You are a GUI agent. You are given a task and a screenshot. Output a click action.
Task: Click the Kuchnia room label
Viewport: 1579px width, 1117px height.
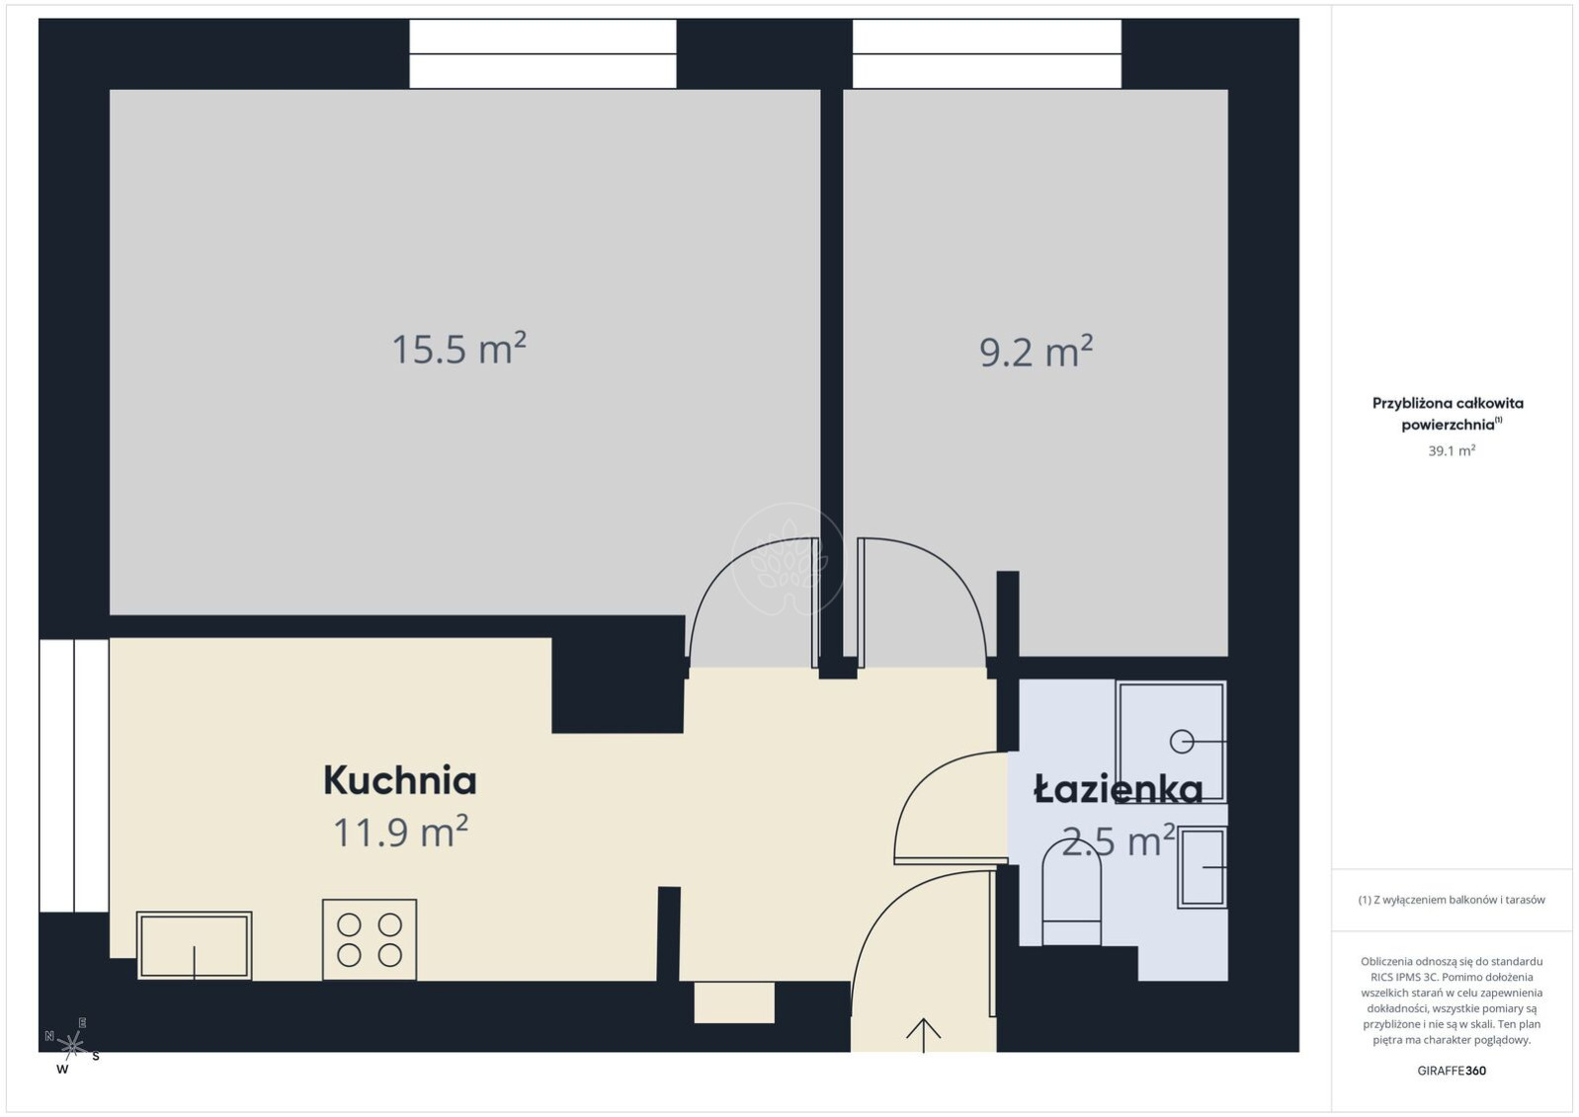click(399, 781)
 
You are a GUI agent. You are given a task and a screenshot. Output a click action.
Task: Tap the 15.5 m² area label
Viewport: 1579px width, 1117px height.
click(458, 349)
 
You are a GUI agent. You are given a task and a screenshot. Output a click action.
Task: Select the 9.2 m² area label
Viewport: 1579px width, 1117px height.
click(1037, 351)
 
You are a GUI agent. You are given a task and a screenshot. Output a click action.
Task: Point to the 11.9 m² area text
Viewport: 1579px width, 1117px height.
click(400, 832)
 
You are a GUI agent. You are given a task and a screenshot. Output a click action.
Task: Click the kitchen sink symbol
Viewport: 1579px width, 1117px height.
click(195, 945)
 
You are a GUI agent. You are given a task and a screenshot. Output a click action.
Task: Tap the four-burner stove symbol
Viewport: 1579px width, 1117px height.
click(370, 939)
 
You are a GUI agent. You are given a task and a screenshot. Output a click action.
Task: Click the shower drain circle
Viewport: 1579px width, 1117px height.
click(1182, 742)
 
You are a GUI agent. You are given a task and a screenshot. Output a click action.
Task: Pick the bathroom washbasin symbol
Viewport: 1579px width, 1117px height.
click(1203, 867)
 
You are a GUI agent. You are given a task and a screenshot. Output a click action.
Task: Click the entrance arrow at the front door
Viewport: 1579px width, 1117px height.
click(924, 1035)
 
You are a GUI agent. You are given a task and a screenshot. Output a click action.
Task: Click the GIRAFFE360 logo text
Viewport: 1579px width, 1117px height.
click(1452, 1071)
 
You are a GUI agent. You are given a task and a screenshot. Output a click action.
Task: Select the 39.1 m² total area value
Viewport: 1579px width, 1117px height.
click(1452, 450)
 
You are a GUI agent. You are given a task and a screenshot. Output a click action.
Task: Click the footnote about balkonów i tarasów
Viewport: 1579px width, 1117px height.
click(1452, 900)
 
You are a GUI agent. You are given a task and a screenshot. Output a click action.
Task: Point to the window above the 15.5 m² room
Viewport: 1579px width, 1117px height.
click(542, 53)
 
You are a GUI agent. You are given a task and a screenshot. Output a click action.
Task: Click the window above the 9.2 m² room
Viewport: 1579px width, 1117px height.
click(987, 53)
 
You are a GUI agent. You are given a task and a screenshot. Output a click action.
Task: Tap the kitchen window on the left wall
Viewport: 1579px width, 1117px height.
click(74, 776)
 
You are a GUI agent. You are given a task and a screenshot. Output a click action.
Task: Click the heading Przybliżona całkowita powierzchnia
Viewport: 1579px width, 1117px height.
click(1448, 414)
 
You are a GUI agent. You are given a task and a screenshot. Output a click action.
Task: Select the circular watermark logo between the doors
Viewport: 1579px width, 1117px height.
click(789, 559)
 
